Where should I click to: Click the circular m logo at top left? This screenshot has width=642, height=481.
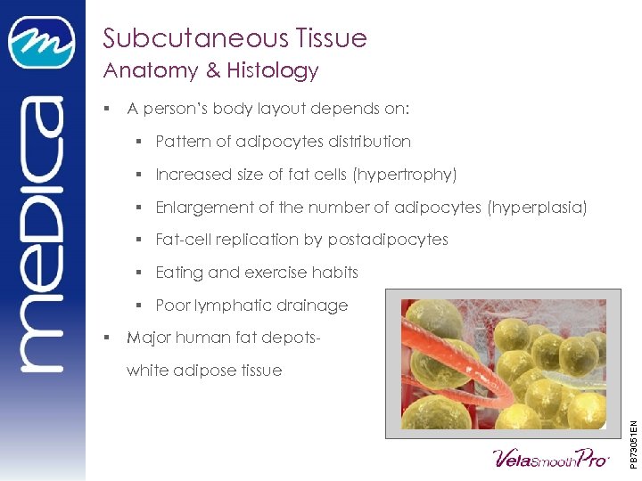pyautogui.click(x=41, y=42)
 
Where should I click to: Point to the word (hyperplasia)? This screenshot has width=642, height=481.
pyautogui.click(x=538, y=208)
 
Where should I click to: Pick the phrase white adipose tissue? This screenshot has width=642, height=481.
pyautogui.click(x=204, y=371)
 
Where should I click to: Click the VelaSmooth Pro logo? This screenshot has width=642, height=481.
pyautogui.click(x=551, y=458)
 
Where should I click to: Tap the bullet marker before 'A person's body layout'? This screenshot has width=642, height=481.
pyautogui.click(x=106, y=110)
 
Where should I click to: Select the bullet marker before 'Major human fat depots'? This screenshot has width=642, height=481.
pyautogui.click(x=106, y=338)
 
